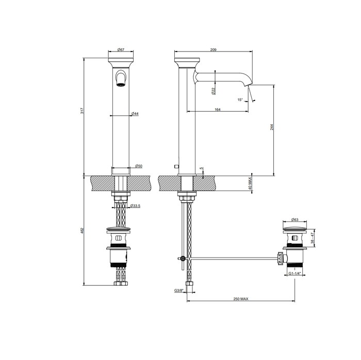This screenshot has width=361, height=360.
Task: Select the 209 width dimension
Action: (214, 49)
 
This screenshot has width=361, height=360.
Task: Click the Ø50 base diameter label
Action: (138, 166)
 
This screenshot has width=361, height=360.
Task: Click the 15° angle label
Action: (240, 99)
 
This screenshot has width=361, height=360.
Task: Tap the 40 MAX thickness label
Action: (250, 184)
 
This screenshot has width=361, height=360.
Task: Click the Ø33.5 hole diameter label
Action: (136, 206)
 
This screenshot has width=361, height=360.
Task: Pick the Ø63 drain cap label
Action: (295, 219)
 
